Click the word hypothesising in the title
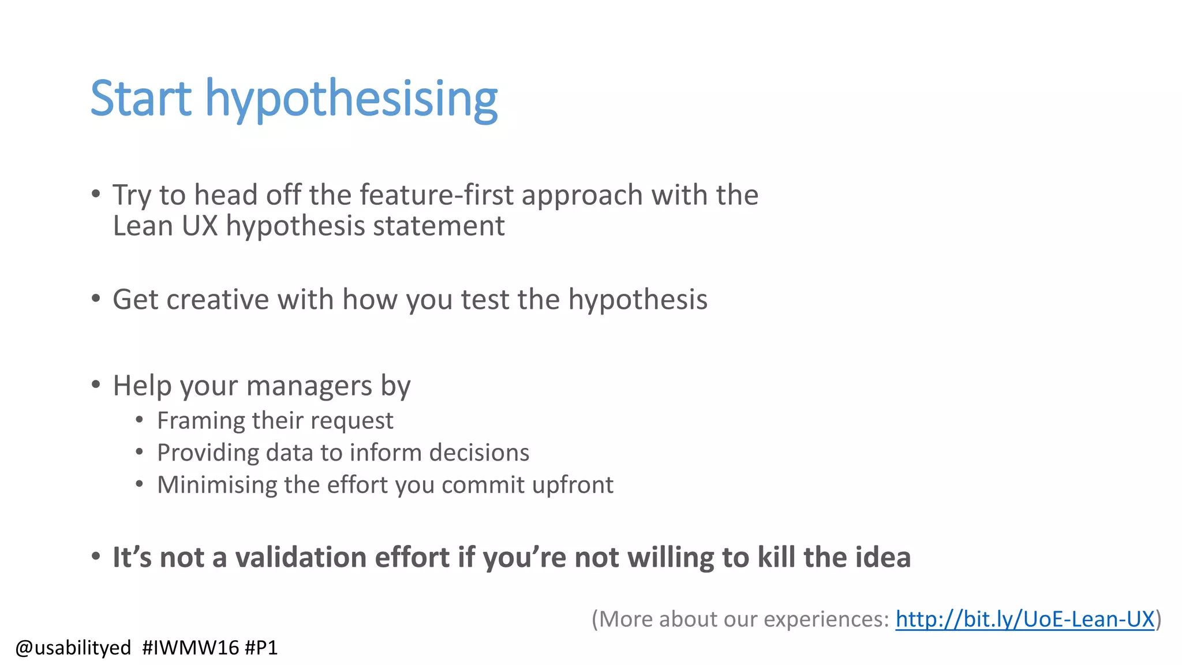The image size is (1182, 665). (351, 99)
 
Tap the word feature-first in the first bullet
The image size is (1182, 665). (436, 195)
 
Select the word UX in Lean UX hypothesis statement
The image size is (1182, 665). (200, 226)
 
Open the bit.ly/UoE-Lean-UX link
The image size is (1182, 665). (1024, 619)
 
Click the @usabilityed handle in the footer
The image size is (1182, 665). (73, 648)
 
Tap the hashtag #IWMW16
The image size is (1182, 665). (190, 648)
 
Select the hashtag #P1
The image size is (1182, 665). (261, 648)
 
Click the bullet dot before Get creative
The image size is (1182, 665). (96, 299)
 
